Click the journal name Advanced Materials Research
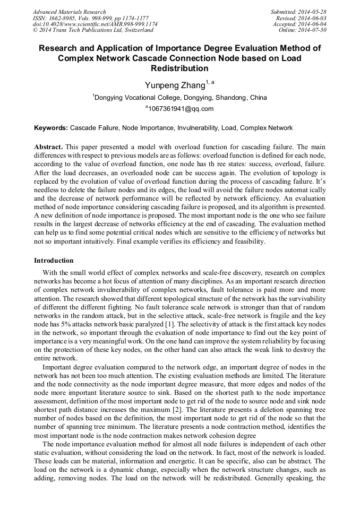(69, 12)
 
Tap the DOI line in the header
(95, 24)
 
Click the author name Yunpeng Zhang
(175, 85)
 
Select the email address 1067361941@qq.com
(181, 109)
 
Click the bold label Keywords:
(51, 128)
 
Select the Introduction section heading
(54, 261)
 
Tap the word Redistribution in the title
(179, 68)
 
